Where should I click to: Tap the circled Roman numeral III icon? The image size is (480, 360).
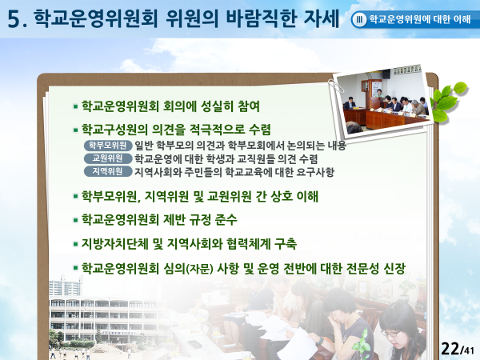(359, 19)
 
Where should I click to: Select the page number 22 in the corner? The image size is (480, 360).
(450, 348)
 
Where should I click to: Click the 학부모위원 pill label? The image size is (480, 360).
(108, 146)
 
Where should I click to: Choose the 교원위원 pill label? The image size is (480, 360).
(108, 158)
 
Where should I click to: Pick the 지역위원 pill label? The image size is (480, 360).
(108, 171)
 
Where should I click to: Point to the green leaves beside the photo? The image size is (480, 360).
(448, 102)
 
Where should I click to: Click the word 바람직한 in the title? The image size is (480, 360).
(262, 18)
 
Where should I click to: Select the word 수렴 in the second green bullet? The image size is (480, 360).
(259, 129)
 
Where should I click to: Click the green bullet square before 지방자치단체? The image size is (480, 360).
(75, 244)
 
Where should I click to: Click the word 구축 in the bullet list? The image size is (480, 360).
(286, 244)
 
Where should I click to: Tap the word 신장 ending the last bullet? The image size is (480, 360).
(394, 269)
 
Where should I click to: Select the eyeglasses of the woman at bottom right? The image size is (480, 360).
(390, 333)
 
